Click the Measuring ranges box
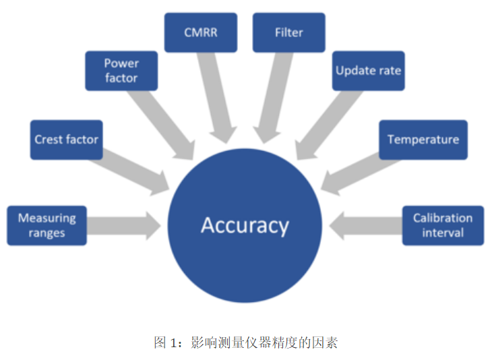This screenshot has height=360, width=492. coord(47,225)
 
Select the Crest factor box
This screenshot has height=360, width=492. coord(66,140)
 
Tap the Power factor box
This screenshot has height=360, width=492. coord(121,71)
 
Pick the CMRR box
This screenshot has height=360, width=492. coord(201,32)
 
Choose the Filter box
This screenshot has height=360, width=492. coord(288,32)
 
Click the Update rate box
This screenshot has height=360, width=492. coord(369,71)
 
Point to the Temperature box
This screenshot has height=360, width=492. coord(423,140)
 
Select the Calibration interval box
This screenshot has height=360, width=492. coord(443,225)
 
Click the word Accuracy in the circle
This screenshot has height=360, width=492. coord(245,224)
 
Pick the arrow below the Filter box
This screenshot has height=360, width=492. coord(276,94)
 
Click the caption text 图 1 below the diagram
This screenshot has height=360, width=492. coord(166,342)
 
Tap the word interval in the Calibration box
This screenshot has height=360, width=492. coord(443,233)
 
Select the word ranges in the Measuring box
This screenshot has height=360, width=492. coord(47,233)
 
